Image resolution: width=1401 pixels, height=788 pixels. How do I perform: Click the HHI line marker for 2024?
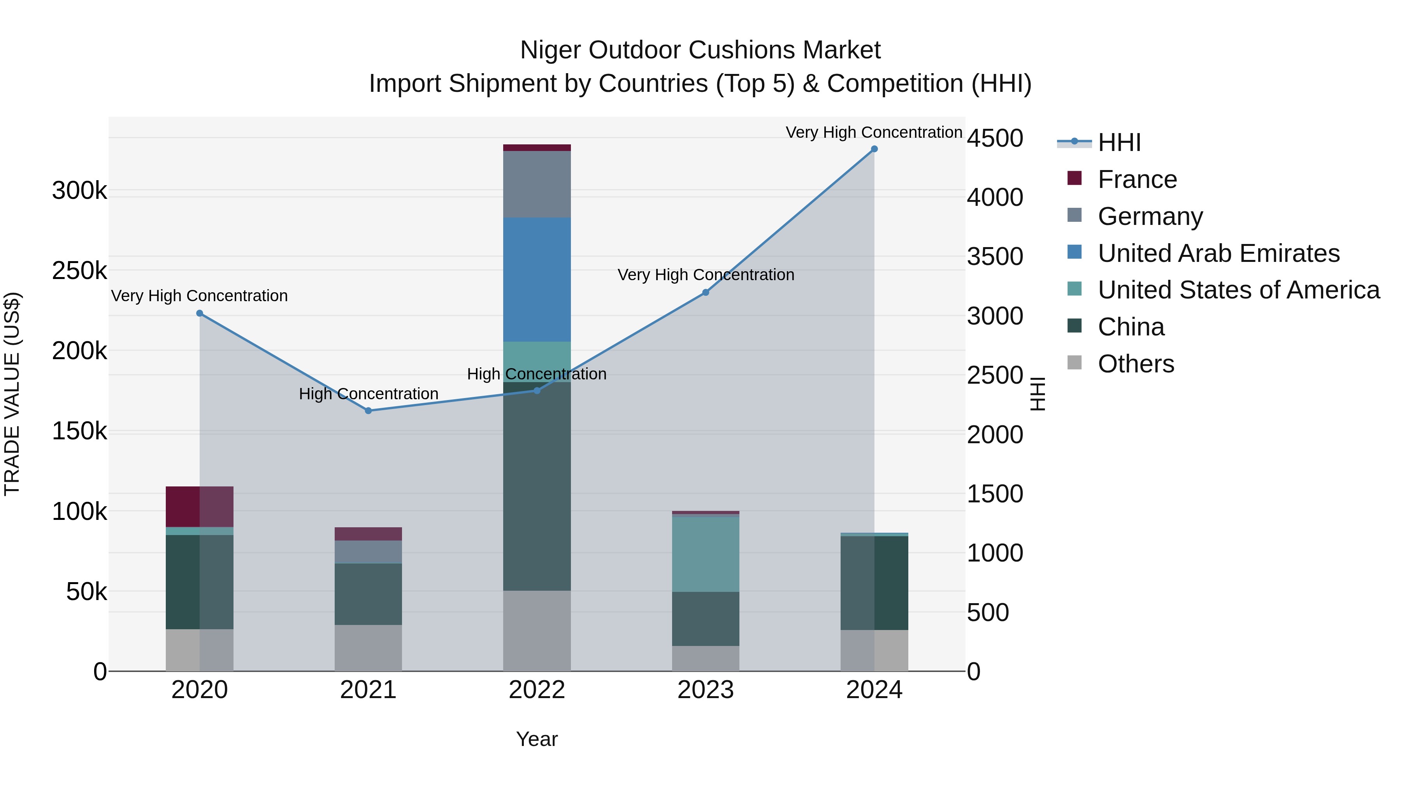tap(874, 149)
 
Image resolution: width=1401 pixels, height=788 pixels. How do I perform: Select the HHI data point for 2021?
tap(368, 411)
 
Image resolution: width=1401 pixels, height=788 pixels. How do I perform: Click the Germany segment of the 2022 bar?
tap(537, 184)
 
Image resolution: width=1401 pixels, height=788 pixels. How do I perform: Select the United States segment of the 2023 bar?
tap(706, 554)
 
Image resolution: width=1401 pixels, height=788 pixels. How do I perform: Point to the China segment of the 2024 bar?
tap(874, 583)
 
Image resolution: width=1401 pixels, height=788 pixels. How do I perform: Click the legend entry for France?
tap(1137, 179)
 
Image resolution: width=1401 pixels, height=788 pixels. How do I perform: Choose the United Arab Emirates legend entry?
tap(1218, 253)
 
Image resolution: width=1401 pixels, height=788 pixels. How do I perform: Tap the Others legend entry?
tap(1136, 364)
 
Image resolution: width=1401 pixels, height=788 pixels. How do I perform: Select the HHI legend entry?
tap(1119, 142)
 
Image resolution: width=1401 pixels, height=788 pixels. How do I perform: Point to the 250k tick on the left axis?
tap(79, 270)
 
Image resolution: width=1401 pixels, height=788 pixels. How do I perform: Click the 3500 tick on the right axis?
tap(995, 257)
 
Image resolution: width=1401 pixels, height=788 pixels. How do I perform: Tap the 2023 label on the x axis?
tap(706, 690)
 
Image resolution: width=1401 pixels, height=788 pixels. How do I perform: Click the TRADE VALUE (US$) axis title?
tap(12, 394)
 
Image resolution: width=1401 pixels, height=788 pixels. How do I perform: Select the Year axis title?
tap(537, 739)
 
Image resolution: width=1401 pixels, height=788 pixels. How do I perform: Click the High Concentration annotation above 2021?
tap(368, 394)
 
